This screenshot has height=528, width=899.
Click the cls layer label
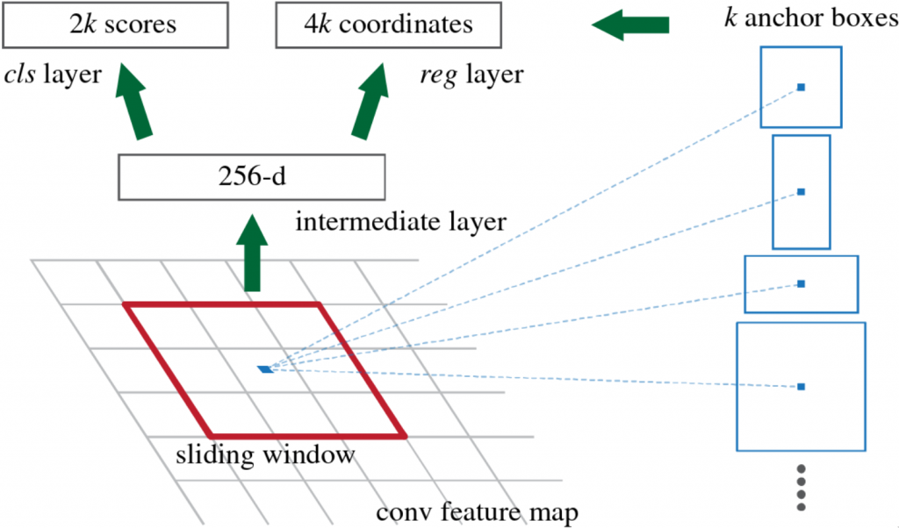pos(53,75)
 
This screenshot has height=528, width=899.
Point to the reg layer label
pos(471,75)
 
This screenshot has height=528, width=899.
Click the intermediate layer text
pos(400,222)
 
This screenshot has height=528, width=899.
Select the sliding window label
pos(265,454)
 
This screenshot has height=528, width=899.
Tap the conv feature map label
pos(477,512)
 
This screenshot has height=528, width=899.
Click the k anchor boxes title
pos(810,18)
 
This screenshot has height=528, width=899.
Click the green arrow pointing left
pos(630,25)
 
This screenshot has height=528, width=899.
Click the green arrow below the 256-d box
pos(252,253)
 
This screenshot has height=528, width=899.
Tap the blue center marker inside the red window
pos(265,369)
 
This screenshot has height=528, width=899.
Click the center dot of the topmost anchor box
pos(801,87)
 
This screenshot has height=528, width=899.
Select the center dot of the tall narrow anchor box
pos(801,192)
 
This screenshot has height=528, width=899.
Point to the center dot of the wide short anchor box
pos(801,284)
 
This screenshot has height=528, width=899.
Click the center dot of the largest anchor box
pos(801,387)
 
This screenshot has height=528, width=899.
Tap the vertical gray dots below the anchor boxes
pos(802,488)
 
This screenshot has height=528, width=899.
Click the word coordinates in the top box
pos(406,25)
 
